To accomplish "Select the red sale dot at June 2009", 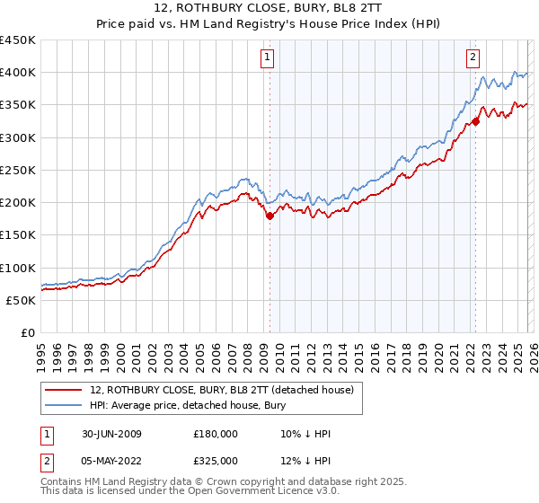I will tap(269, 216).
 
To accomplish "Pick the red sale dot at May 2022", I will tap(475, 121).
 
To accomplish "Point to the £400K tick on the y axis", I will tap(18, 73).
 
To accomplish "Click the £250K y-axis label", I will tap(18, 170).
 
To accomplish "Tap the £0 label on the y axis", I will tap(27, 332).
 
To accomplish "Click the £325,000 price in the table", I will tap(216, 460).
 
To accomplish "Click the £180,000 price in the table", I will tap(216, 434).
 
